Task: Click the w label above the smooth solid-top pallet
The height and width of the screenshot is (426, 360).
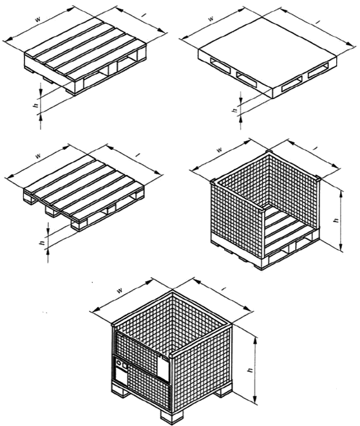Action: (x=211, y=19)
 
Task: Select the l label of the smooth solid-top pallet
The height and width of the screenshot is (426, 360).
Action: (x=317, y=23)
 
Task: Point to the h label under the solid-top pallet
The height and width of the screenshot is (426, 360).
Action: (x=235, y=110)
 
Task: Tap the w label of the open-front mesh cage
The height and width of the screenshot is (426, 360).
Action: (x=220, y=150)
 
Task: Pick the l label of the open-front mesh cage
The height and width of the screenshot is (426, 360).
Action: (x=316, y=148)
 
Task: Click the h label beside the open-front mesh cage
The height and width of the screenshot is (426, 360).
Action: (x=337, y=220)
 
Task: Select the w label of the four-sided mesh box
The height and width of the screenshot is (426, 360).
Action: (x=119, y=290)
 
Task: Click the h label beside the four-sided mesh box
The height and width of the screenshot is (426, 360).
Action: (x=251, y=370)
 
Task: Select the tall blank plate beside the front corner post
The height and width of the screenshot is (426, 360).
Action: (x=164, y=368)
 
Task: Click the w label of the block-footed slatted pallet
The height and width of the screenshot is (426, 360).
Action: (x=39, y=156)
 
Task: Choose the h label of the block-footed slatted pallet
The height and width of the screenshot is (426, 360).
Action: (x=42, y=243)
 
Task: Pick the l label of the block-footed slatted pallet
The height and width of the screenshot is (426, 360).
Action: (x=138, y=155)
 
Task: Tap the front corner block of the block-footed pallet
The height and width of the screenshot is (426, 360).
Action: (x=79, y=225)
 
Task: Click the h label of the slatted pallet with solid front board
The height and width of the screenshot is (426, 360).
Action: (x=35, y=105)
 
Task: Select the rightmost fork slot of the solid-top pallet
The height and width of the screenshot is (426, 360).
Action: (x=318, y=70)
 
